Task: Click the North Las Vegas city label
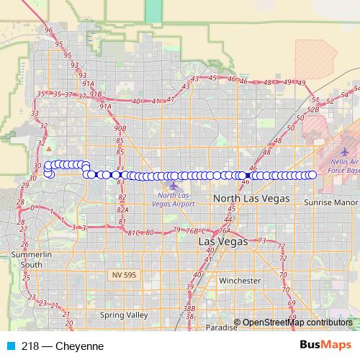coord(251,197)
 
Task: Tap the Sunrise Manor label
coord(330,203)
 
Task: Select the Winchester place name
coord(240,280)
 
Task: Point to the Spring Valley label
coord(124,315)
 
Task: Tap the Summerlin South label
coord(32,260)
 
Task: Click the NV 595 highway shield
coord(125,275)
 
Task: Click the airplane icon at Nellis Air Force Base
coord(343,152)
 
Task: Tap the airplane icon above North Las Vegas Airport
coord(173,185)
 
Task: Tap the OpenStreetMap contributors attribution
coord(297,322)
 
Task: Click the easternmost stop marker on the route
coord(312,175)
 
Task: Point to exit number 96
coord(49,30)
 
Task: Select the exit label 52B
coord(312,109)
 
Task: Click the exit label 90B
coord(120,127)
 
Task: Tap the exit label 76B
coord(192,231)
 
